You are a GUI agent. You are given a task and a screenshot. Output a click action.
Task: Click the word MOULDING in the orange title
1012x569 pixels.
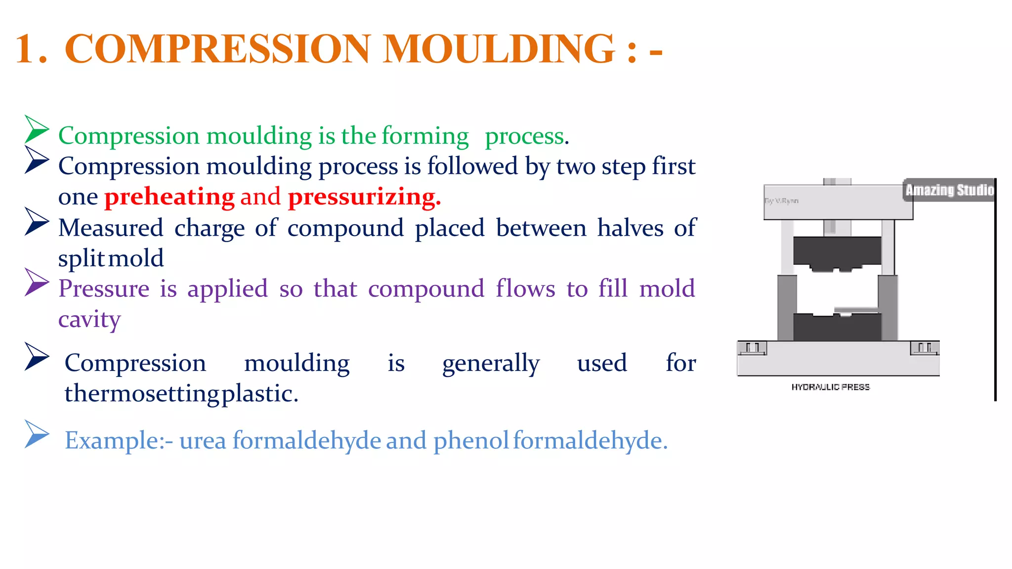pyautogui.click(x=499, y=49)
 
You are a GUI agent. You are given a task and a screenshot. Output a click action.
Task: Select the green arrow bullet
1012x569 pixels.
pyautogui.click(x=36, y=129)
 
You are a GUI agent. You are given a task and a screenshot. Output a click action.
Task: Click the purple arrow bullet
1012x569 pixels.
pyautogui.click(x=36, y=283)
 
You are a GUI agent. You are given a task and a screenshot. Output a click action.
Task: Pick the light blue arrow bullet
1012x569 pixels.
pyautogui.click(x=36, y=434)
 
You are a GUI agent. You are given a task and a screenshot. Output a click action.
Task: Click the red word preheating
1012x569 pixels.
pyautogui.click(x=169, y=197)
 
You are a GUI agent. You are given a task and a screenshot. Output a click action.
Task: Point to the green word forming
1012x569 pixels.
pyautogui.click(x=425, y=136)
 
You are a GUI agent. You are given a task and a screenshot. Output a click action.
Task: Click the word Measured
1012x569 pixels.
pyautogui.click(x=111, y=228)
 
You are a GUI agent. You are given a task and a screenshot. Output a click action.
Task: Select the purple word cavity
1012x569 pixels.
pyautogui.click(x=89, y=320)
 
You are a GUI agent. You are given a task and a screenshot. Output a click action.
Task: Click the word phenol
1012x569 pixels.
pyautogui.click(x=471, y=440)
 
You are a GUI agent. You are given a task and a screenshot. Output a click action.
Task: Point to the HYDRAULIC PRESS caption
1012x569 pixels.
pyautogui.click(x=830, y=387)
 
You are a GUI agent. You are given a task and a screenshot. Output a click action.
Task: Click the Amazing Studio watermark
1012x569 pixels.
pyautogui.click(x=949, y=190)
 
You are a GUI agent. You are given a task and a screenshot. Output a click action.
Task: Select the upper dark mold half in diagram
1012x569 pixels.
pyautogui.click(x=837, y=252)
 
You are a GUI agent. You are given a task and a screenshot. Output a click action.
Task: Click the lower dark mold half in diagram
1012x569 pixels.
pyautogui.click(x=837, y=327)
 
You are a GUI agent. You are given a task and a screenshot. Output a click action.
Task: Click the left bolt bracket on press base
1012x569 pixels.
pyautogui.click(x=752, y=348)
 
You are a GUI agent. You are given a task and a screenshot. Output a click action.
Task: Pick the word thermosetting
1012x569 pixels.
pyautogui.click(x=142, y=394)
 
